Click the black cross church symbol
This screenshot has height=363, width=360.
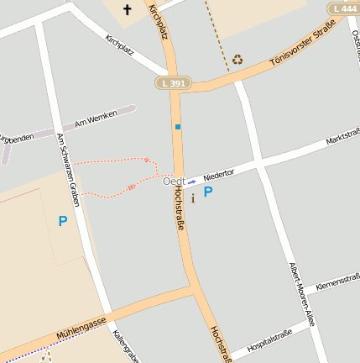[128, 10]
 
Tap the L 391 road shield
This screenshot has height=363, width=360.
[174, 83]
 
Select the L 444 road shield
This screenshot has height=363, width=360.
[345, 8]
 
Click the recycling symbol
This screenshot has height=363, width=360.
[237, 59]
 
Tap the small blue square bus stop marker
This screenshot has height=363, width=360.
[177, 127]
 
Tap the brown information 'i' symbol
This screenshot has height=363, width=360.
[193, 198]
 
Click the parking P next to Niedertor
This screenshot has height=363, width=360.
[208, 192]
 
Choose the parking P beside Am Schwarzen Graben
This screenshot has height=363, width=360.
[62, 221]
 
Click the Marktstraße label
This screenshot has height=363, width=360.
[343, 139]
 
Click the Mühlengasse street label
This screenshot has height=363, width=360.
[81, 326]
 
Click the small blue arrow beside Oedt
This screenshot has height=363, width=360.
[191, 181]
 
